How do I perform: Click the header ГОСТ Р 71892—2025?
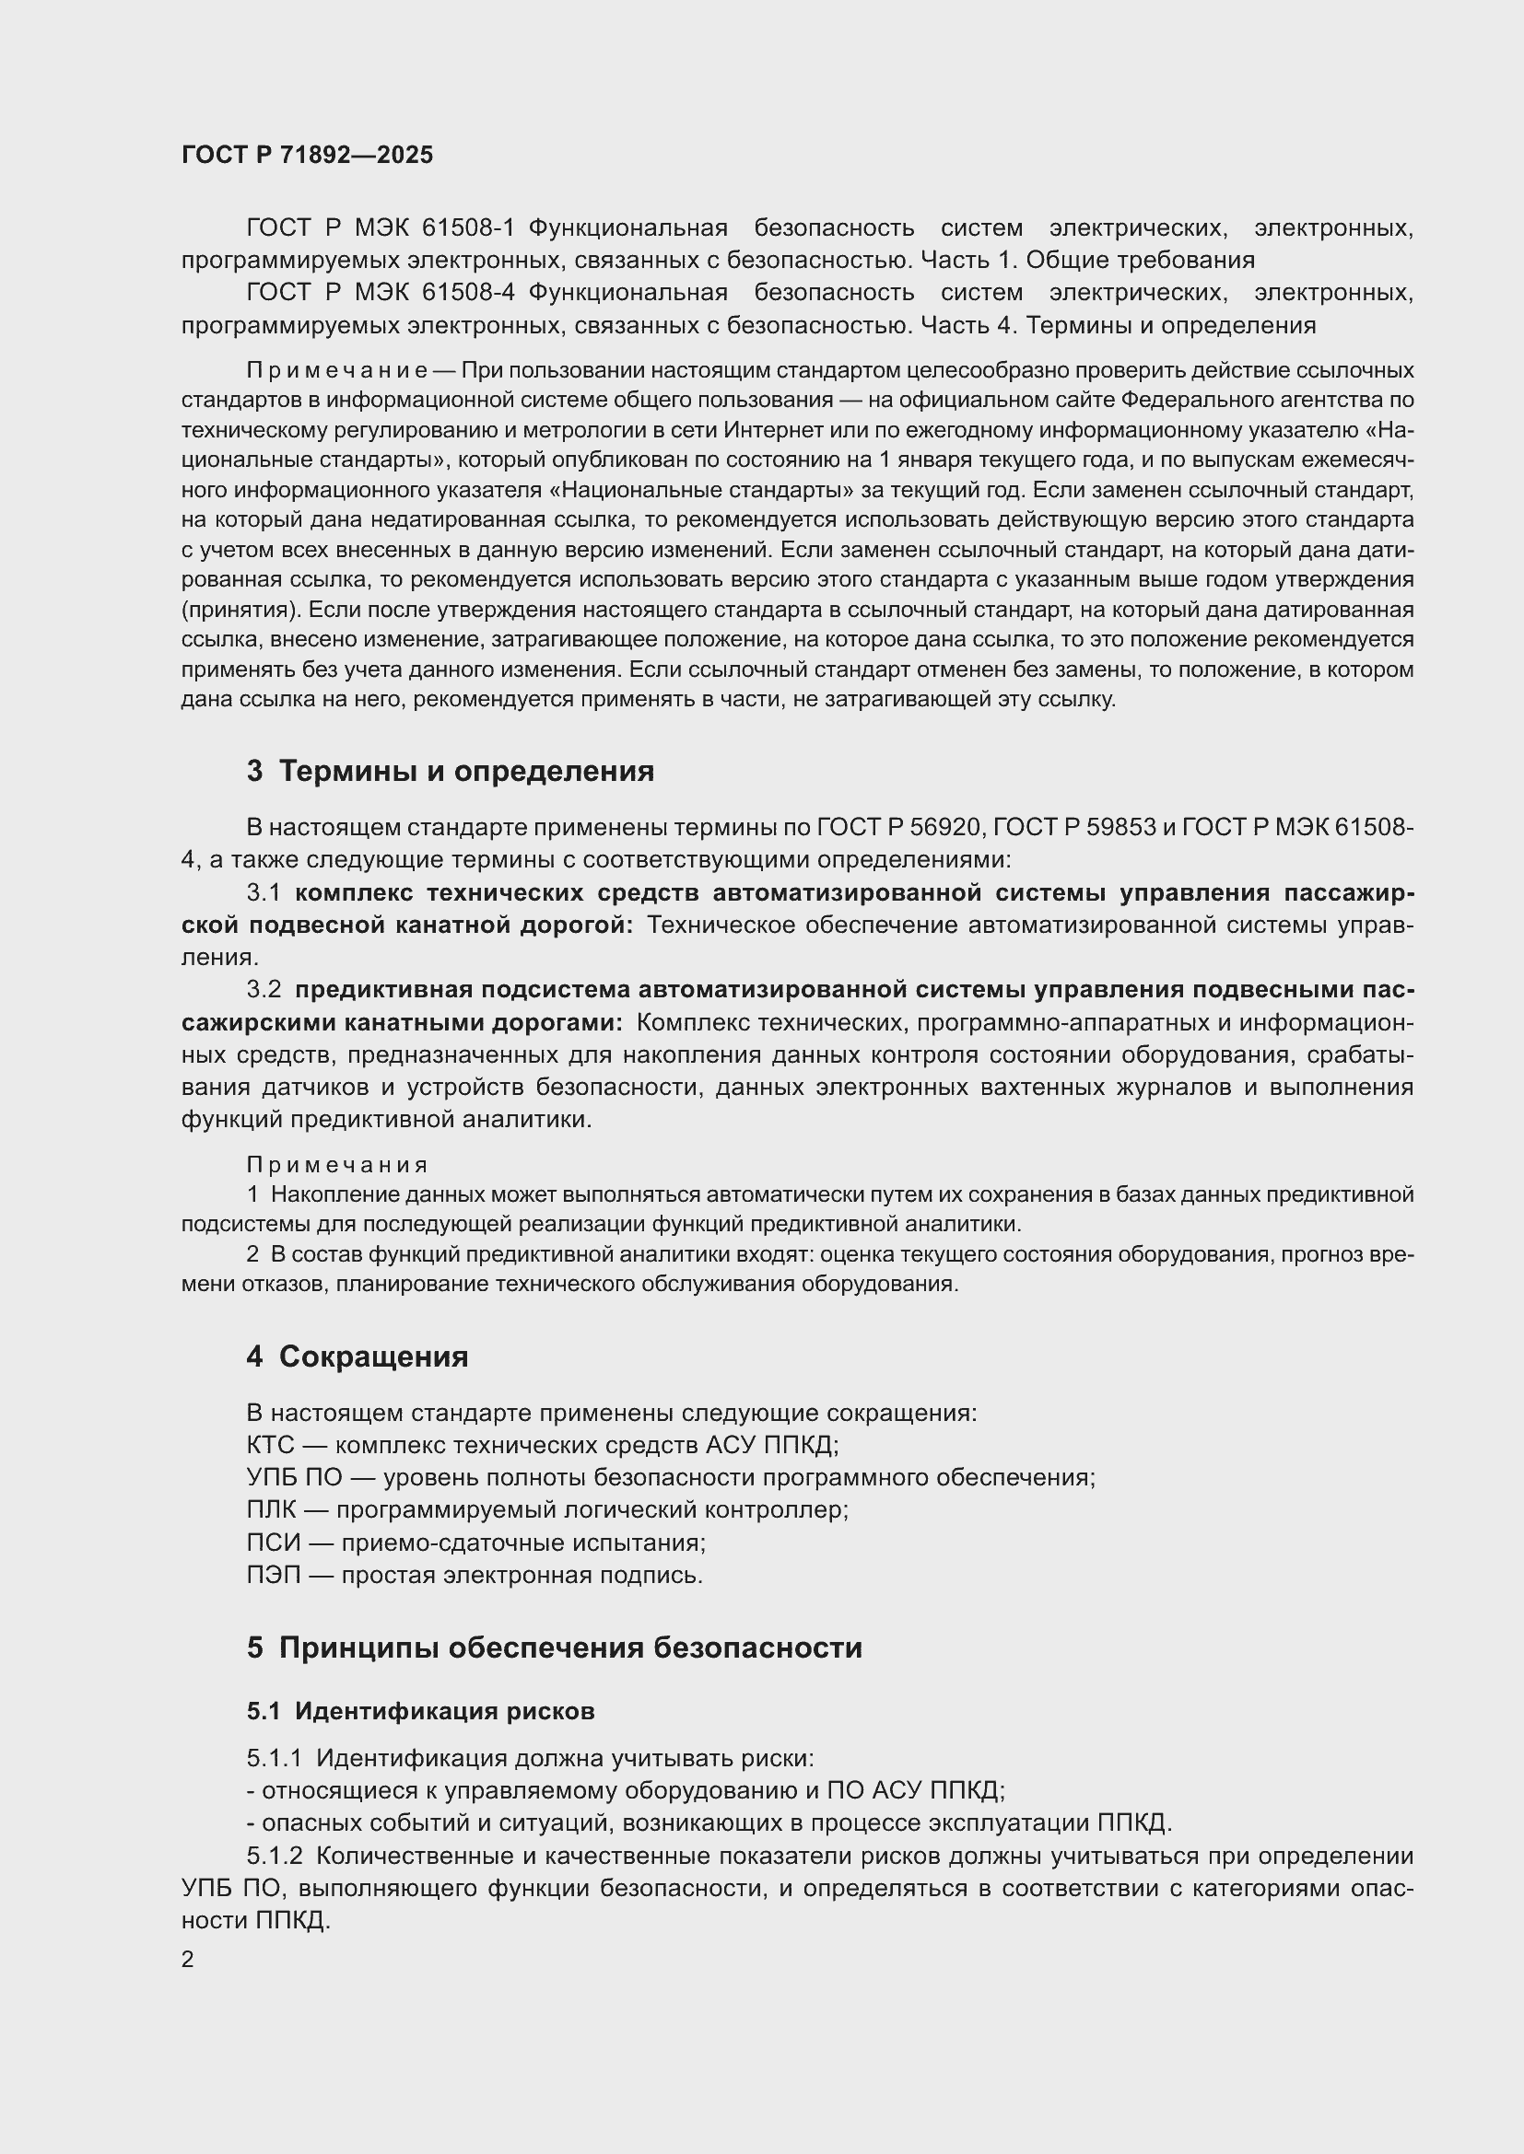(307, 155)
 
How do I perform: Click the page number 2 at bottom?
(188, 1959)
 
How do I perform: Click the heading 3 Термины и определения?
(451, 771)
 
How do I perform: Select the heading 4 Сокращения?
(357, 1356)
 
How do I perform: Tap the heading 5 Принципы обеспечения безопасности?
(554, 1648)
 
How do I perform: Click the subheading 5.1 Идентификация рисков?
(420, 1711)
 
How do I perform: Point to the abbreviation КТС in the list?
(270, 1445)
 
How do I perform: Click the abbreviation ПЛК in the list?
(271, 1509)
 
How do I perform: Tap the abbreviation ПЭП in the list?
(273, 1574)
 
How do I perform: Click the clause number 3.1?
(264, 892)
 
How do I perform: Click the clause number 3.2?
(264, 990)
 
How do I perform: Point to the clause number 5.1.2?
(275, 1856)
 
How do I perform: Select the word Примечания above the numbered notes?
(337, 1165)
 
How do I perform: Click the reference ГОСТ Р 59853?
(1074, 828)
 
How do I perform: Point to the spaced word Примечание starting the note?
(337, 370)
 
